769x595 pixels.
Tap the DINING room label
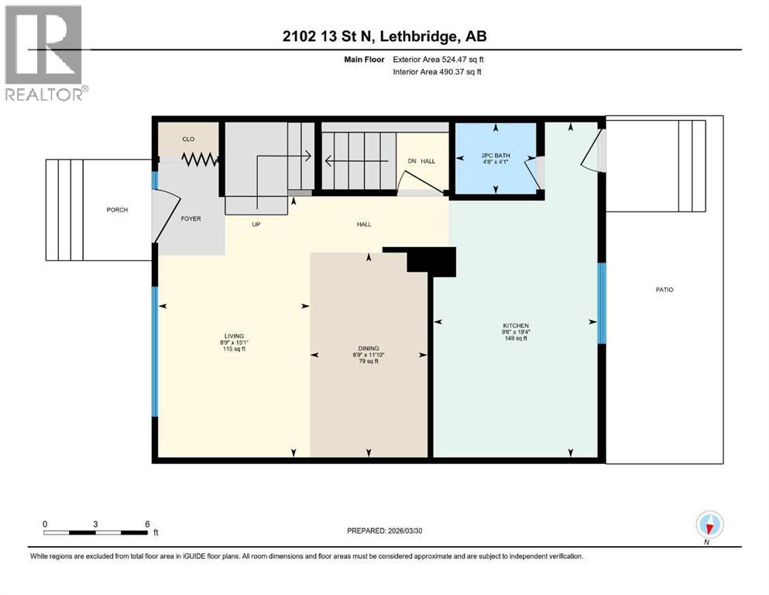[x=368, y=349]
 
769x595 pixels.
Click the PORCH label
[x=118, y=210]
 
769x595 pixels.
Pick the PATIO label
[x=663, y=290]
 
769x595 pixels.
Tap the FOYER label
[x=191, y=218]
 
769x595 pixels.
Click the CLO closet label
[x=187, y=139]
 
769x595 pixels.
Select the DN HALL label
[x=421, y=161]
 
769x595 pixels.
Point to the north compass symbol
[x=709, y=526]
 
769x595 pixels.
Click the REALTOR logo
[x=45, y=53]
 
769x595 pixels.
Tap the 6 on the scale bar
[x=146, y=524]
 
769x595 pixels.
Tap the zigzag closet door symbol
[x=200, y=159]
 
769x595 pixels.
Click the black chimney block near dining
[x=431, y=261]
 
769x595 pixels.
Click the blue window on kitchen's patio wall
[x=602, y=303]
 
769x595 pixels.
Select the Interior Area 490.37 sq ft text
[x=437, y=72]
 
